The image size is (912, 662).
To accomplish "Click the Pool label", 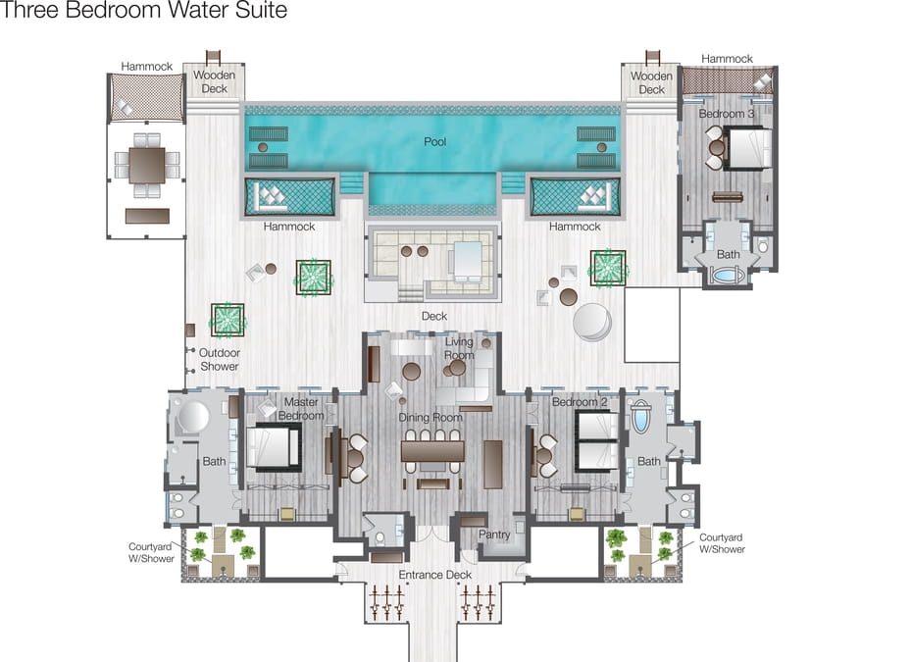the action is [434, 141].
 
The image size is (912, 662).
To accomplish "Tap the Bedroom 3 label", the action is [727, 114].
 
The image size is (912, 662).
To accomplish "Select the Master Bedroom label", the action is [301, 408].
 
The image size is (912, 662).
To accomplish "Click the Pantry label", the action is [494, 535].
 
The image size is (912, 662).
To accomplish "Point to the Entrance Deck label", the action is [434, 575].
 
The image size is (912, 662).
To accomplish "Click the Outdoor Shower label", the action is [220, 360].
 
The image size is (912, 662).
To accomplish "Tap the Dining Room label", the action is [430, 417].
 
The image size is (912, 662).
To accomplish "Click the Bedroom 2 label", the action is [580, 402].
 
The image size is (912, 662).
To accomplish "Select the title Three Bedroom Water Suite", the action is [143, 10].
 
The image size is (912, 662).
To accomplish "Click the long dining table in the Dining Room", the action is [432, 451].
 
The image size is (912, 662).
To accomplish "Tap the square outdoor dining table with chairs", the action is [147, 165].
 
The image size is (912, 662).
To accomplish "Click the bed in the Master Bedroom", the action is [273, 447].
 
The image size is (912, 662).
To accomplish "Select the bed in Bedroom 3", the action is [750, 148].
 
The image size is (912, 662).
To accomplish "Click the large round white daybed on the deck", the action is [592, 322].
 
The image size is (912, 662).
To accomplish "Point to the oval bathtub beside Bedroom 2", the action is [639, 416].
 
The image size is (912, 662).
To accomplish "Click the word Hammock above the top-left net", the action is [146, 67].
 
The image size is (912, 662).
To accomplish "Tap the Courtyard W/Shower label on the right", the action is [721, 543].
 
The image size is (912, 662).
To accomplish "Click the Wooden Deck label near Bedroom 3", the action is [651, 82].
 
